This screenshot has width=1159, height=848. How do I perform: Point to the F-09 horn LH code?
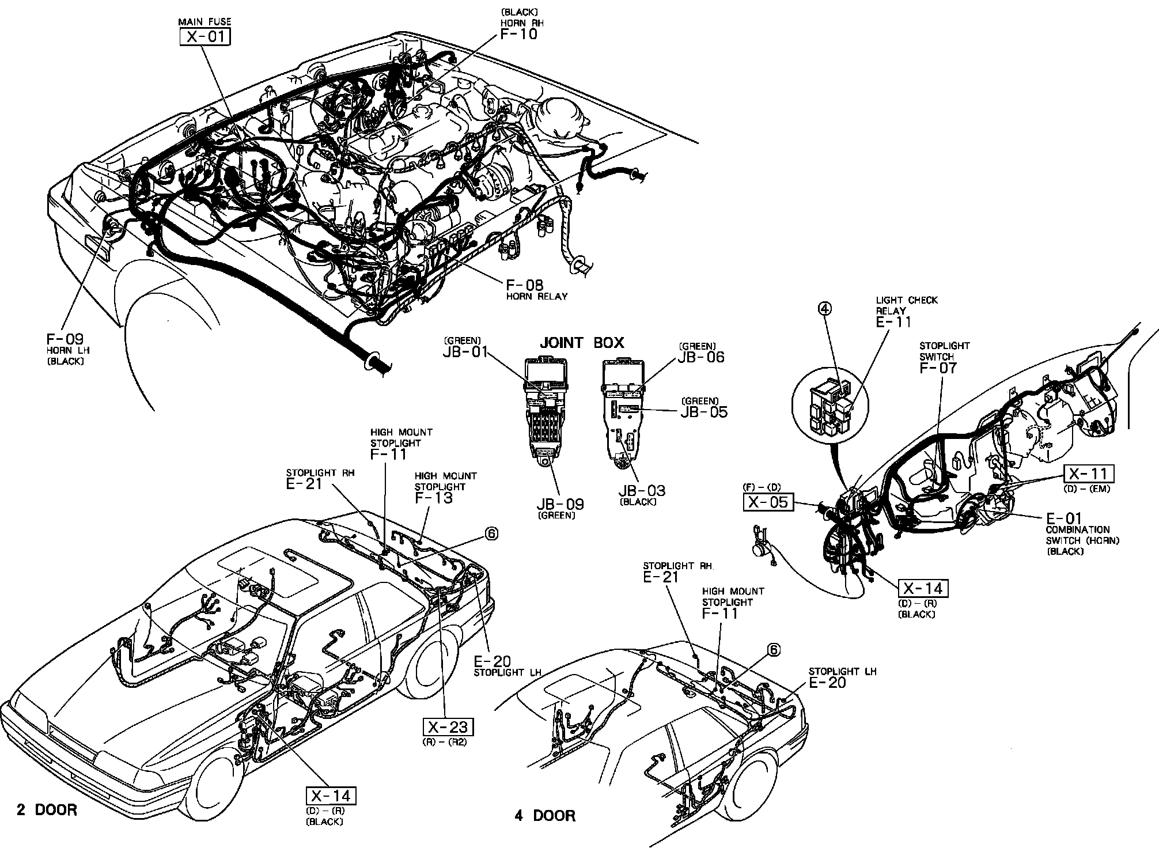[65, 339]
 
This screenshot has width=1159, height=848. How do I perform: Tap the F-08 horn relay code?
[525, 285]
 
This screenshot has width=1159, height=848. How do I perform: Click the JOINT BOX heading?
[581, 343]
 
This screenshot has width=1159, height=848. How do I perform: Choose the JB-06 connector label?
[701, 357]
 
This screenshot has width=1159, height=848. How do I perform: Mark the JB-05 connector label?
[704, 412]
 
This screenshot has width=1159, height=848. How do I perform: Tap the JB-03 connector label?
[642, 491]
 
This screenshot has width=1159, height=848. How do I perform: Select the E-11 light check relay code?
[894, 322]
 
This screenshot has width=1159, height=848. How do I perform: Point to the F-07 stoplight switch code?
[938, 368]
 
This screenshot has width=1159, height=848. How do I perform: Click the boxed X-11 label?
[1088, 474]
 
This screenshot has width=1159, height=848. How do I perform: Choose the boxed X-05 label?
[767, 502]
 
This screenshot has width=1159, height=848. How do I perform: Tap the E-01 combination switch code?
[1064, 518]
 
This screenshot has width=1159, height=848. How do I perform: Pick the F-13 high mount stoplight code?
[434, 498]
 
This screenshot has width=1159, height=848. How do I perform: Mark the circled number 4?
[824, 309]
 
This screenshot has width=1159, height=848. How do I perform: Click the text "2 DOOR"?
[47, 810]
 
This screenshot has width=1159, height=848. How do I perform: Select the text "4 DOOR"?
[545, 816]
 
